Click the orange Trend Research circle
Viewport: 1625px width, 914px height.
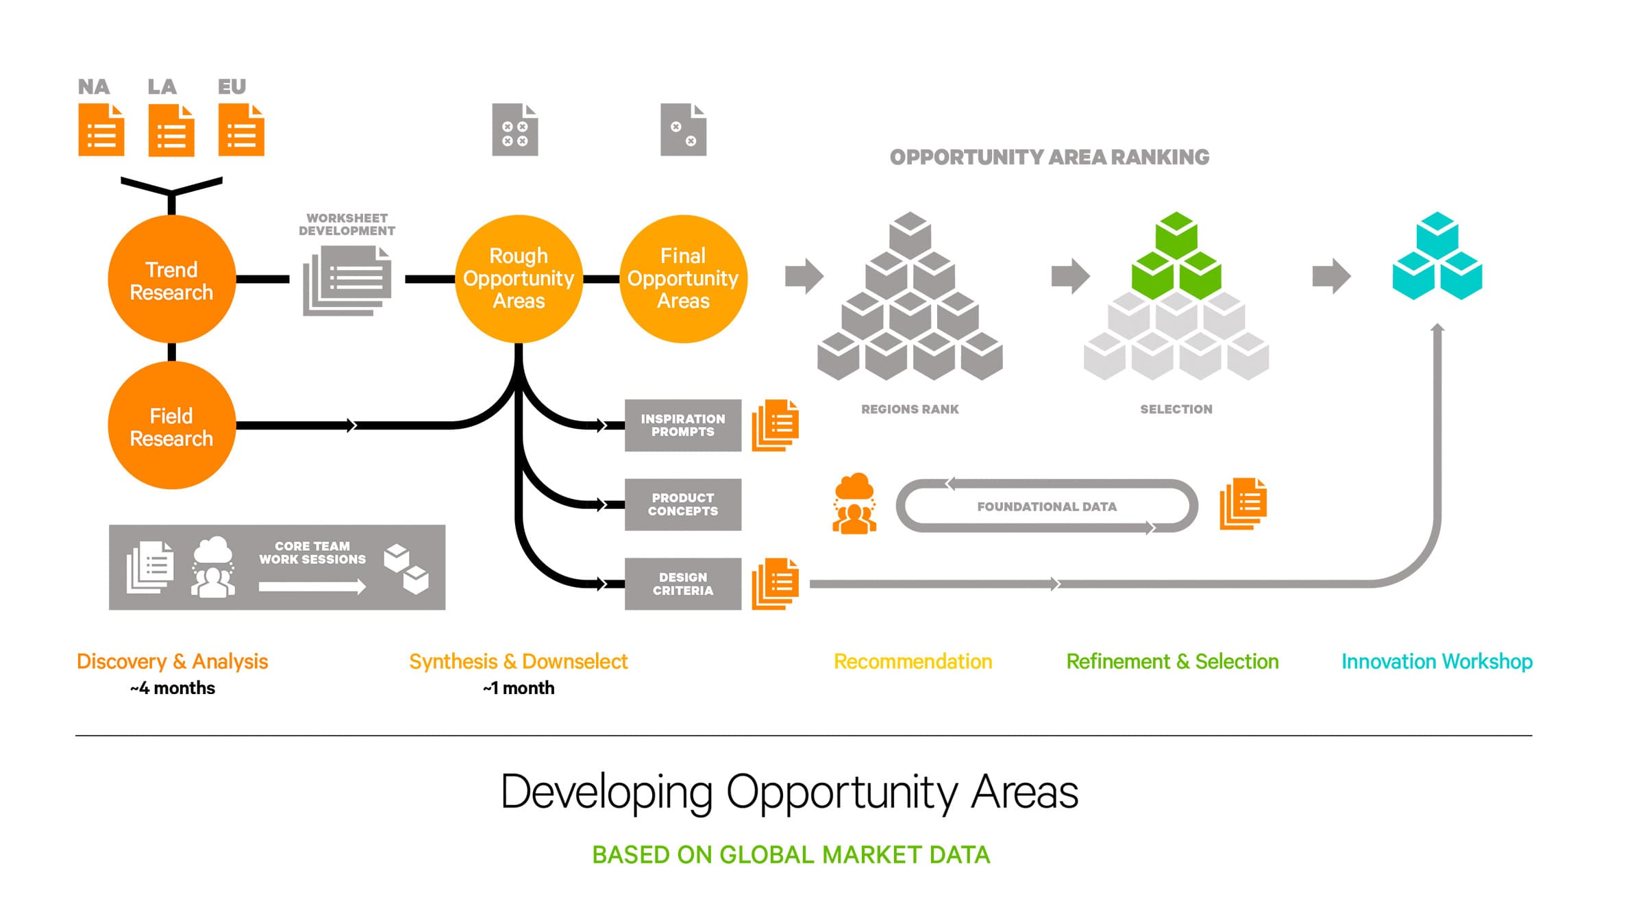(171, 280)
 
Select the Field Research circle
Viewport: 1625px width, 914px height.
(171, 425)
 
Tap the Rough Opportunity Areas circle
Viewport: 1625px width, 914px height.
(519, 279)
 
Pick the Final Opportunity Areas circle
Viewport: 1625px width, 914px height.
(683, 279)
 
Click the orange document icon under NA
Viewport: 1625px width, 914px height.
(101, 130)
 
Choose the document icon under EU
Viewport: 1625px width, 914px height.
(241, 130)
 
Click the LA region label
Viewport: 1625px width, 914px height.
(162, 87)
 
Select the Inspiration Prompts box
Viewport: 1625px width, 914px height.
(682, 425)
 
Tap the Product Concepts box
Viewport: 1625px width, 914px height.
(682, 505)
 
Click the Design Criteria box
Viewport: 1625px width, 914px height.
(682, 584)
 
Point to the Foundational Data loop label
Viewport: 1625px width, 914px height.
(1046, 506)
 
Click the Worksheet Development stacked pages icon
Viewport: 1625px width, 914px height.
(347, 280)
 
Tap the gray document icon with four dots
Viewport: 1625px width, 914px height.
(514, 130)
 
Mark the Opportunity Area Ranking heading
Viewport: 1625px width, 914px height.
(1049, 157)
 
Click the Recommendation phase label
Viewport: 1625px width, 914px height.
(913, 661)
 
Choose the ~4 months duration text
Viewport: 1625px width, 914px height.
(173, 688)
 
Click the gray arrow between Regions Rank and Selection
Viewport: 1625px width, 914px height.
(1070, 276)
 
